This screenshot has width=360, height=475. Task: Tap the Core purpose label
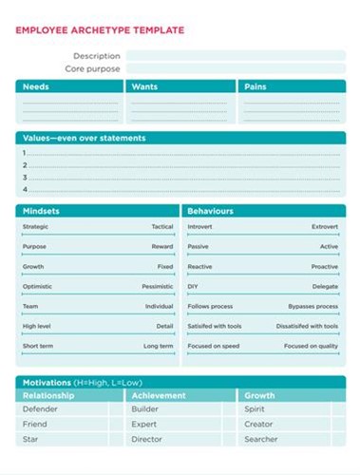click(x=92, y=69)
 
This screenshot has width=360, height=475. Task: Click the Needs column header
click(x=36, y=86)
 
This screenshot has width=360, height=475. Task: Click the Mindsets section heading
click(x=42, y=211)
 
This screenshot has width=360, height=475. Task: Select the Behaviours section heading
click(x=210, y=211)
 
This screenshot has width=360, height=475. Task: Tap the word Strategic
click(x=35, y=227)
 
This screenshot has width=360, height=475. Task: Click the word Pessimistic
click(x=157, y=286)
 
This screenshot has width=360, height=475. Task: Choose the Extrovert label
click(x=324, y=227)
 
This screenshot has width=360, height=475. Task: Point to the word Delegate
click(x=324, y=286)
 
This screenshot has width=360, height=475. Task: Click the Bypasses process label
click(x=313, y=306)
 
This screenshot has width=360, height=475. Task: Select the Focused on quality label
click(x=310, y=346)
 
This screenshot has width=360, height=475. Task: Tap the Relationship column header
click(x=48, y=395)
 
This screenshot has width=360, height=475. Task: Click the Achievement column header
click(x=159, y=395)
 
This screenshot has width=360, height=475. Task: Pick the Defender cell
click(x=40, y=409)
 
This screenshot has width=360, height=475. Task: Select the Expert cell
click(x=144, y=425)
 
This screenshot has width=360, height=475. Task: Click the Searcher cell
click(x=261, y=439)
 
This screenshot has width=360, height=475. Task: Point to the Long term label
click(x=158, y=346)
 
